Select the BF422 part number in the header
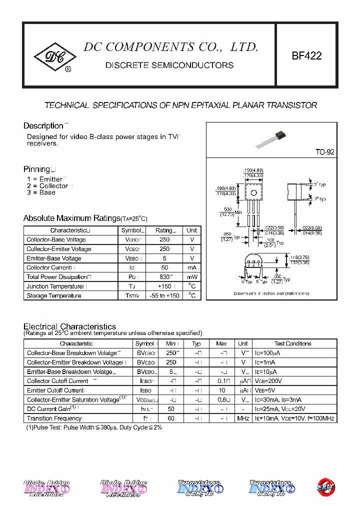306,56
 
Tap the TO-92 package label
324,152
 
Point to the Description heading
43,126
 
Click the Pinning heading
37,169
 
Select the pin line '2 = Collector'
47,186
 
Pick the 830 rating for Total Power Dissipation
163,277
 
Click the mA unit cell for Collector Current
192,267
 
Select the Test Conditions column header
292,343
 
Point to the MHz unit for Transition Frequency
243,418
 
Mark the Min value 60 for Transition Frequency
171,418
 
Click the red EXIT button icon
326,486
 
